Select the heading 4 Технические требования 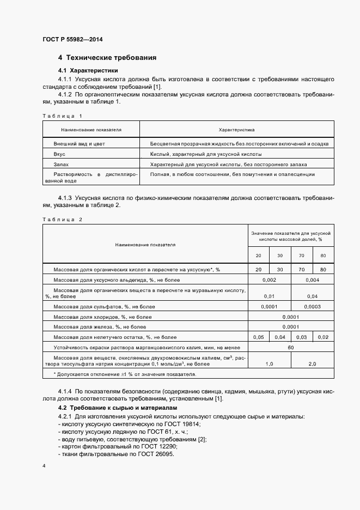107,57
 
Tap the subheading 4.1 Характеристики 88,71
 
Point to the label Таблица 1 62,116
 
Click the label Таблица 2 62,219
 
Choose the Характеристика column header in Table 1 236,130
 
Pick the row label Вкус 59,154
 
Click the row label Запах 61,164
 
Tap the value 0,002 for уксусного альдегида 269,280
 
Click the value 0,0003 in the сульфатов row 312,306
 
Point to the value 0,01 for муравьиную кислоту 269,296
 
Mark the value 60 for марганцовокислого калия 290,347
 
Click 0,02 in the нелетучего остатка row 323,337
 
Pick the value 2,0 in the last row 312,363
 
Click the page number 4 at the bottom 44,466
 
